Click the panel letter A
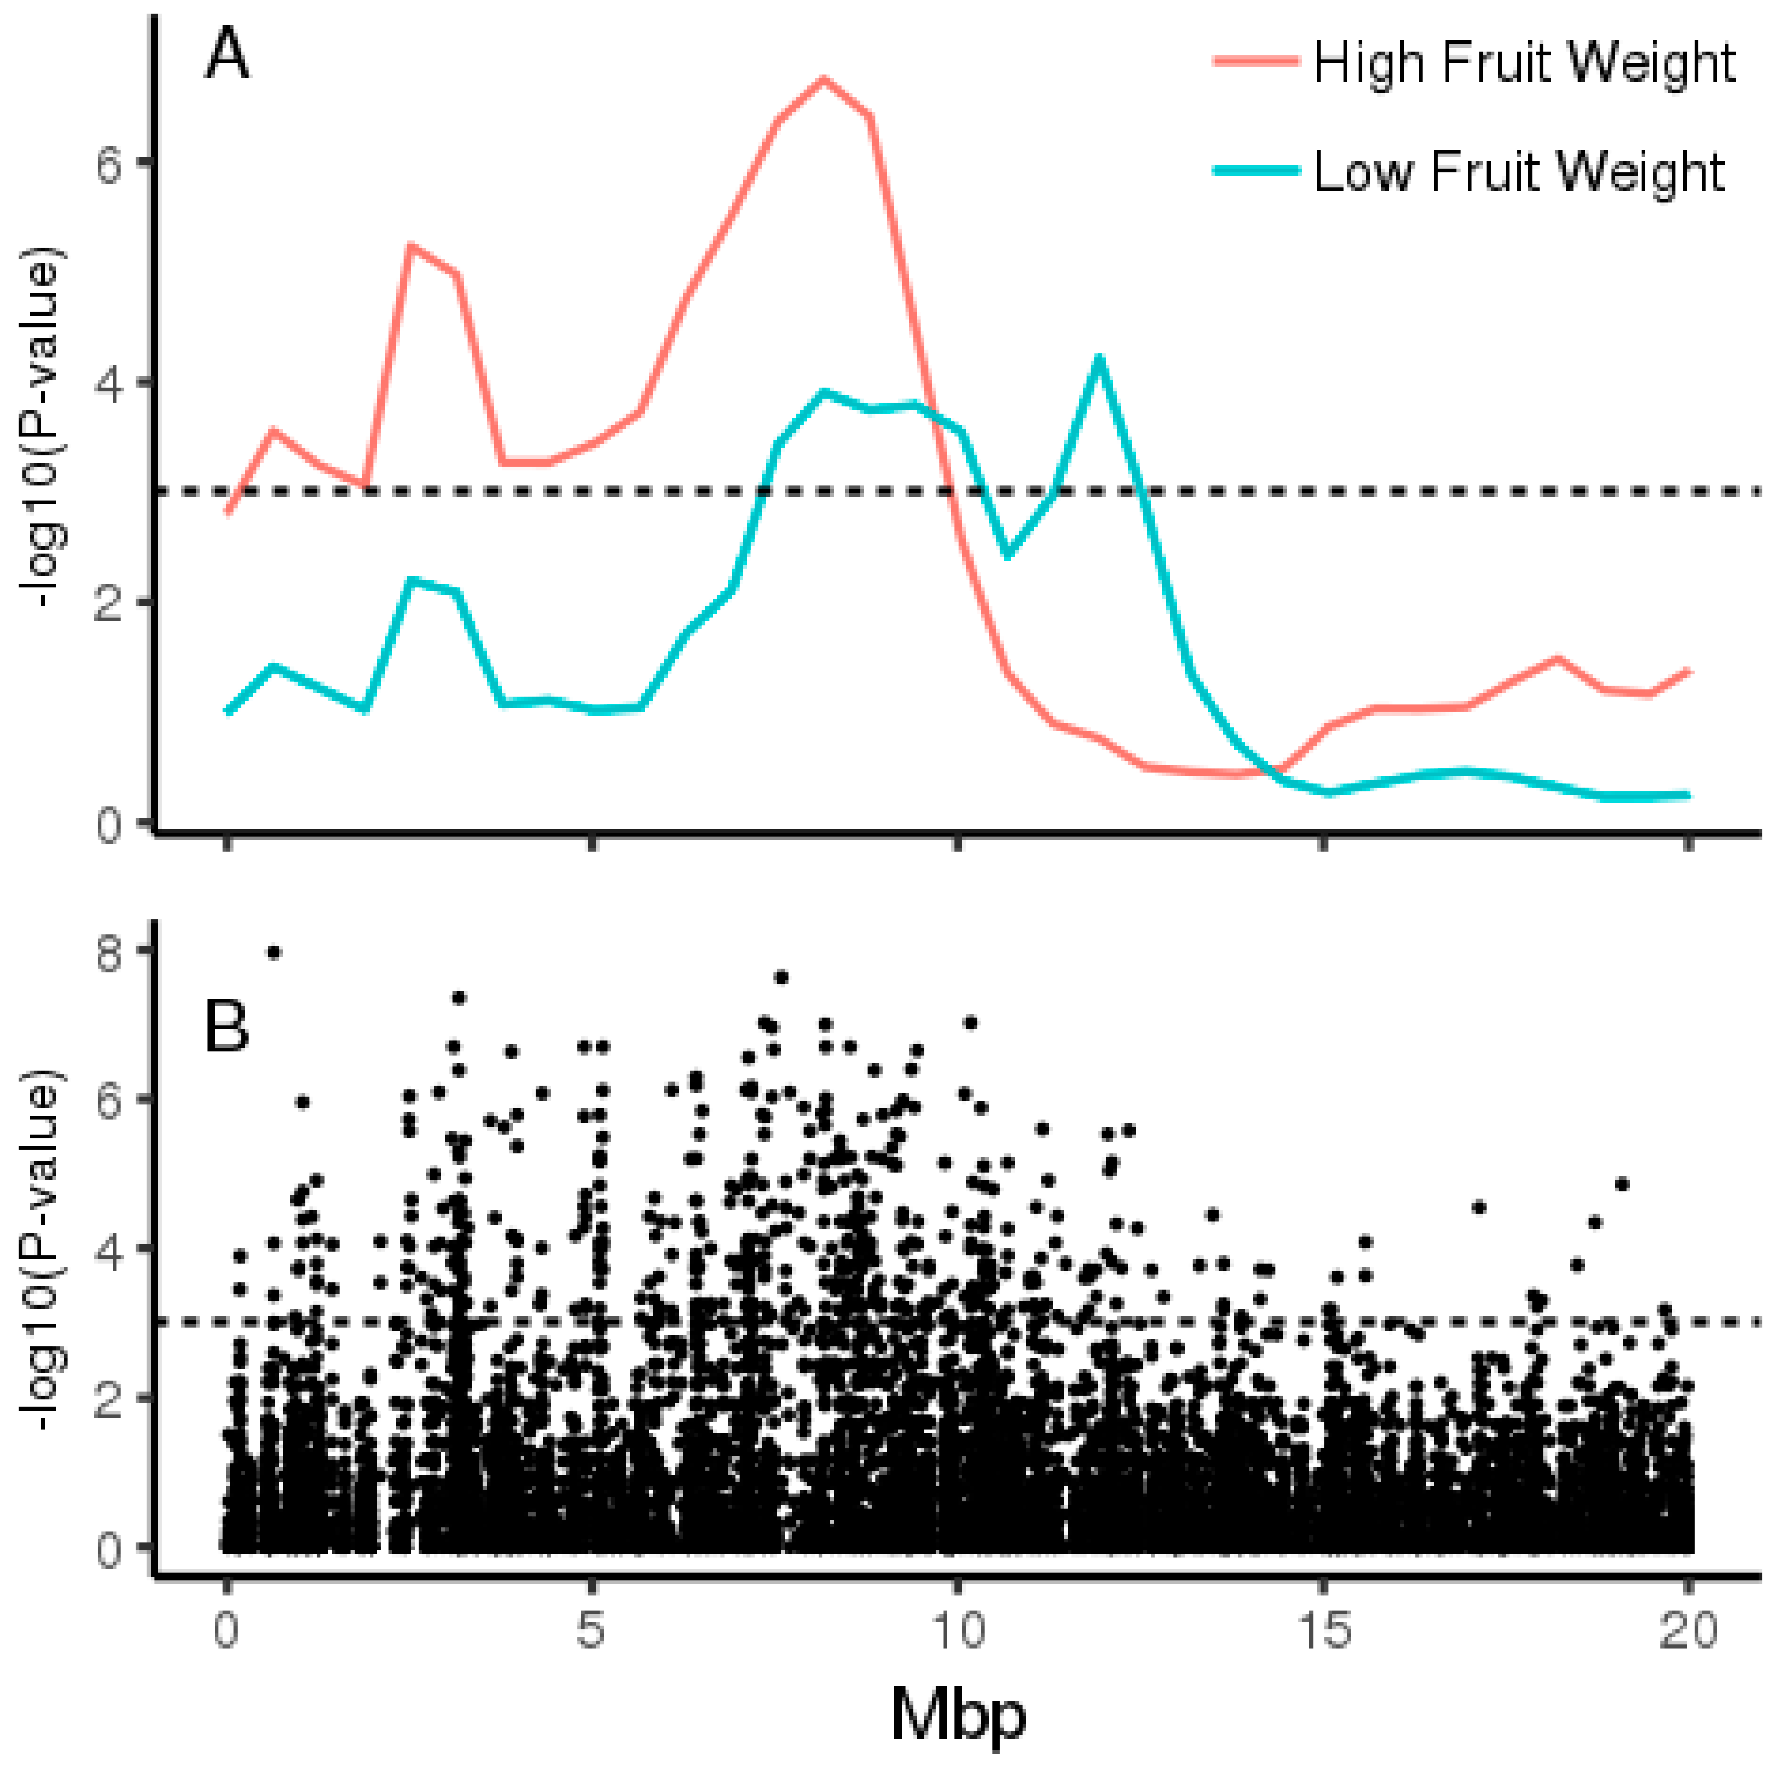227,55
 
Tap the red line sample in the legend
1256,61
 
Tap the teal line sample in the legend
1256,171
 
